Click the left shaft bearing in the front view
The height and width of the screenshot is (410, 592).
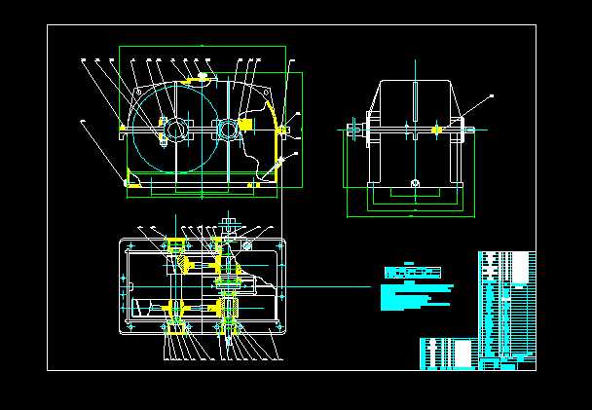tap(176, 129)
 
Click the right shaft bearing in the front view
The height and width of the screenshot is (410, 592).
tap(227, 128)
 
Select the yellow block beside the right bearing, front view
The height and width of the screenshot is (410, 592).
tap(245, 125)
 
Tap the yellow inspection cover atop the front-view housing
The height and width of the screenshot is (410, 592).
tap(203, 74)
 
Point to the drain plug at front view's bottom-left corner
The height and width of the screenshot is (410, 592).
tap(128, 180)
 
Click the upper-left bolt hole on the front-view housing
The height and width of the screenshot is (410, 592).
tap(122, 127)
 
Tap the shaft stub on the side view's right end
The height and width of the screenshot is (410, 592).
tap(470, 129)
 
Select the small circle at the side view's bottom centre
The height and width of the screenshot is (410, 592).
tap(415, 183)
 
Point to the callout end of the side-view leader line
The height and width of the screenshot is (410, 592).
tap(492, 95)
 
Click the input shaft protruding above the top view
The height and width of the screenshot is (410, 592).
tap(231, 225)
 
